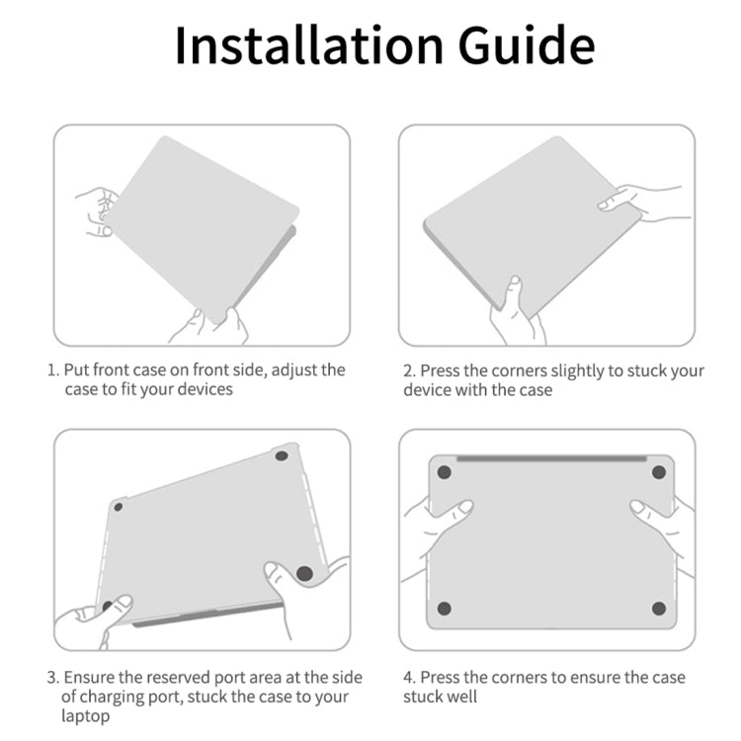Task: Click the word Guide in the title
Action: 527,45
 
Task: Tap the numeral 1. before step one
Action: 53,370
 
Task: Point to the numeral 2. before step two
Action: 409,370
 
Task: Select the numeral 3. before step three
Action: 53,678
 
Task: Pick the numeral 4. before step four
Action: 409,678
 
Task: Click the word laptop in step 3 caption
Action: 86,716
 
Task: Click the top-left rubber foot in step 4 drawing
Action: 445,472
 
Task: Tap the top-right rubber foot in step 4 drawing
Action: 659,472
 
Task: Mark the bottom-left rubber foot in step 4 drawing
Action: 445,609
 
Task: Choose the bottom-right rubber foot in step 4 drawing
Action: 659,609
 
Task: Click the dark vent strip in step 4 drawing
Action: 551,458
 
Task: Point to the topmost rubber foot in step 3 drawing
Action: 282,456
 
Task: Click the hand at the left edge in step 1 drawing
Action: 98,211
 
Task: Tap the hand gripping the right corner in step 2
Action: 643,204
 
